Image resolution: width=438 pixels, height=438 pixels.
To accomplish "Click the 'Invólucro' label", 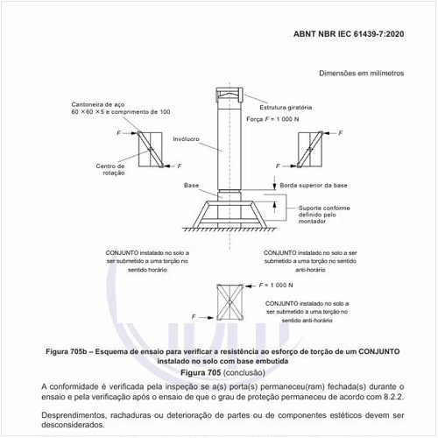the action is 186,138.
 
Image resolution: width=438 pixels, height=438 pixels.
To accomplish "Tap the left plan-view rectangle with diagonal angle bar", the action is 150,147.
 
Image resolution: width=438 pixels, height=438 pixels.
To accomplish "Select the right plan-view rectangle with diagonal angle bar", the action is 310,147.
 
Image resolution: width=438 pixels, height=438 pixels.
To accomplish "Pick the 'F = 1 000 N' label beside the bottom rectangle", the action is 277,286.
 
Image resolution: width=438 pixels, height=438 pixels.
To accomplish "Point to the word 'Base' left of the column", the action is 192,186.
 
